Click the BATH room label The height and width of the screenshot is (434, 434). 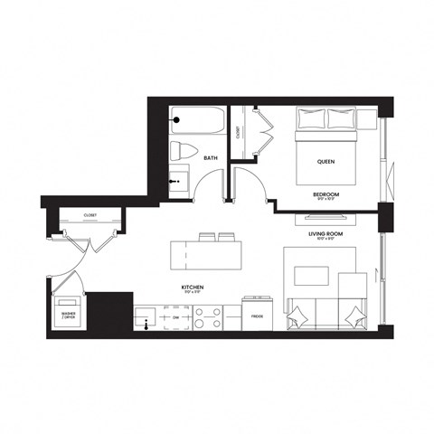coord(210,158)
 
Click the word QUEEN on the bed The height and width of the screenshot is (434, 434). coord(326,162)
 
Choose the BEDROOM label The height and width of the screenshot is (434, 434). coord(326,194)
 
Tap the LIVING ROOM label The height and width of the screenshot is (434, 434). coord(326,233)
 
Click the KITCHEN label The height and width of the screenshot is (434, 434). coord(190,288)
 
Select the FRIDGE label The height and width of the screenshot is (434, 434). coord(257,317)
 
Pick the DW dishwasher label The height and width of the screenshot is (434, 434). coord(175,317)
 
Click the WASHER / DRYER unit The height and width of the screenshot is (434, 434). coord(69,313)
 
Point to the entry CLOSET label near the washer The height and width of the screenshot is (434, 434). coord(90,215)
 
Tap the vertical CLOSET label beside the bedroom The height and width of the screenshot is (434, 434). coord(238,131)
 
